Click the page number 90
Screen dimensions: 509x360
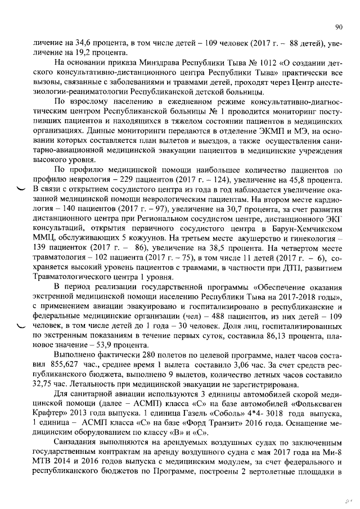(x=339, y=26)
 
